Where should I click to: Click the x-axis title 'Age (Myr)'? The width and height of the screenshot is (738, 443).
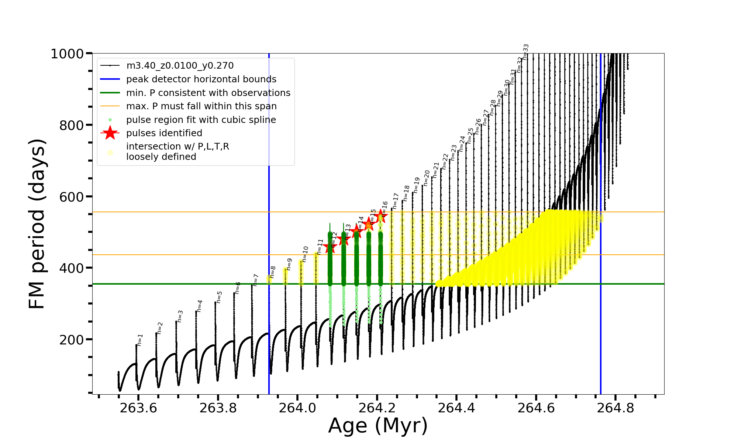pos(378,425)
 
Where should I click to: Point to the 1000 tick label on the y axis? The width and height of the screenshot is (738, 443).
pos(67,54)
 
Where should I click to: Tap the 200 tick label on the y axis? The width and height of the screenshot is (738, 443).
pos(72,340)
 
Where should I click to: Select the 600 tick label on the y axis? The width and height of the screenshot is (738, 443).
pos(72,197)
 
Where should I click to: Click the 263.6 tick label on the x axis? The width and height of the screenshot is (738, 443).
pos(138,408)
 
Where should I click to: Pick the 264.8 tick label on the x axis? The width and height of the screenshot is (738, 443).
pos(615,408)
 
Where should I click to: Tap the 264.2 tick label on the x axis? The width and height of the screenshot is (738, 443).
pos(377,408)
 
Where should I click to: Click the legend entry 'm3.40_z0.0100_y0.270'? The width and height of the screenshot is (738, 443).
pos(180,66)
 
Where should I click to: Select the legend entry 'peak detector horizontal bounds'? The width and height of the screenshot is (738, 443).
pos(201,79)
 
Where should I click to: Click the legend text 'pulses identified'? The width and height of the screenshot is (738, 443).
pos(164,133)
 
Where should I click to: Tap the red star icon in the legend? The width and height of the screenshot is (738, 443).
pos(110,133)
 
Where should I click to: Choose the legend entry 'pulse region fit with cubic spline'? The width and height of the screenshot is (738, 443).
pos(201,120)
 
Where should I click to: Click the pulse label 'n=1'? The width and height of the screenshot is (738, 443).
pos(140,340)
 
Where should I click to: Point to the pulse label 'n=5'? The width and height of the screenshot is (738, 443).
pos(219,297)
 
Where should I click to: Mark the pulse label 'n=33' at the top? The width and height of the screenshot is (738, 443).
pos(526,50)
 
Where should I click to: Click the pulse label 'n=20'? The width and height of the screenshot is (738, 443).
pos(427,178)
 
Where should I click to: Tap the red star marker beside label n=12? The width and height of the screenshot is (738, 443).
pos(330,247)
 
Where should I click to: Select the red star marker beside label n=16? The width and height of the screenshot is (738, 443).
pos(381,217)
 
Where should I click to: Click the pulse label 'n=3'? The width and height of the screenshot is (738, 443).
pos(180,316)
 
